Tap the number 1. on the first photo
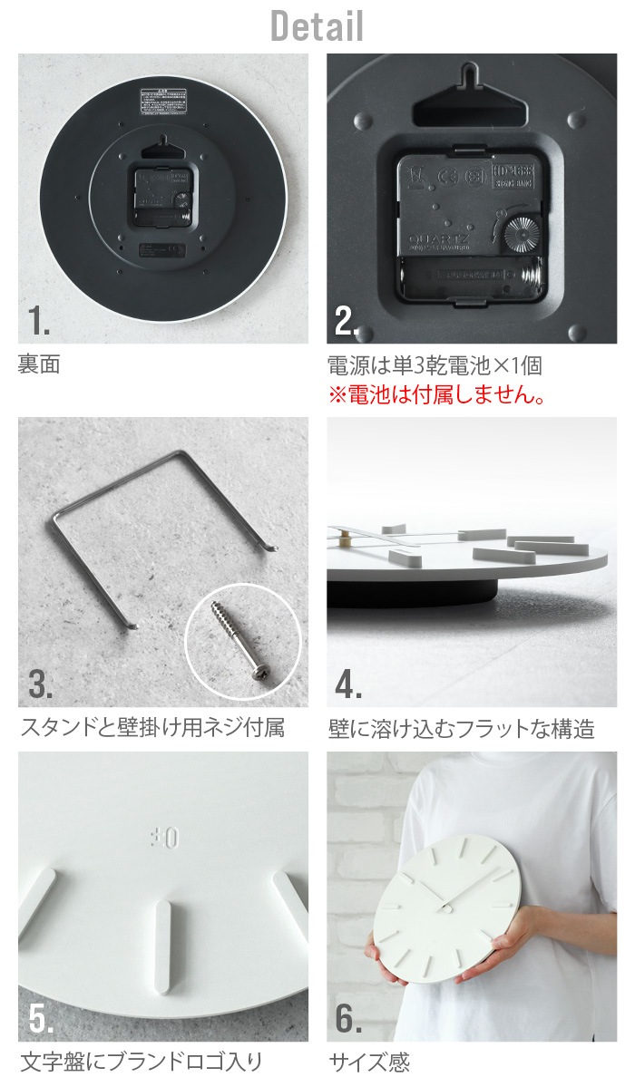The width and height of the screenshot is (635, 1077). (x=38, y=321)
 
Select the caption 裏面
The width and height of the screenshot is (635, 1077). (x=39, y=366)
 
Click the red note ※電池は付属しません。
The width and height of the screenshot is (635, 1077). (x=436, y=395)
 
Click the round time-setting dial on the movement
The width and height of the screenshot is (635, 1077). (x=519, y=232)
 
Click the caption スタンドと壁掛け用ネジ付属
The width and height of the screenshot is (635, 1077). (x=151, y=728)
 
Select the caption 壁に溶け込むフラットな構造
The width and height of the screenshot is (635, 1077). (x=461, y=728)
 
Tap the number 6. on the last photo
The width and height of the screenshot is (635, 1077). (x=348, y=1019)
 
